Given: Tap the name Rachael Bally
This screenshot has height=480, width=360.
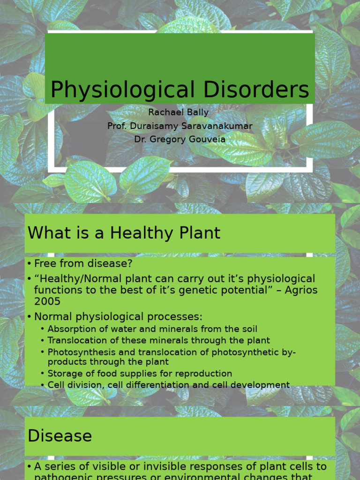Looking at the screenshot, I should click(x=179, y=112).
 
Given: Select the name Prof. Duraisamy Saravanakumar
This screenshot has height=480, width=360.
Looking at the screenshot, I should click(x=180, y=126).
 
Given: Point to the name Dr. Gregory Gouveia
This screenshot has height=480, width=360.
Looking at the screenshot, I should click(x=180, y=139).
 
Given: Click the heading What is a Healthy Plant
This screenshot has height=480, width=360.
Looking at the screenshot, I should click(x=124, y=233).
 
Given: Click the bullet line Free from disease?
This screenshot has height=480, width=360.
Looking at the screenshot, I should click(x=83, y=263).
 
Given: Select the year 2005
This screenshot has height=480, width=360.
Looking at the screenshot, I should click(x=47, y=301).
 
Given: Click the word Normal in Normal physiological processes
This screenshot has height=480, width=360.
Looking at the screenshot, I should click(x=52, y=316).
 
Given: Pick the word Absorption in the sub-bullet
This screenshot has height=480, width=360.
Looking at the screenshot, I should click(x=70, y=329).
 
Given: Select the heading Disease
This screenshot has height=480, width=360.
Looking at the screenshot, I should click(x=60, y=436).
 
